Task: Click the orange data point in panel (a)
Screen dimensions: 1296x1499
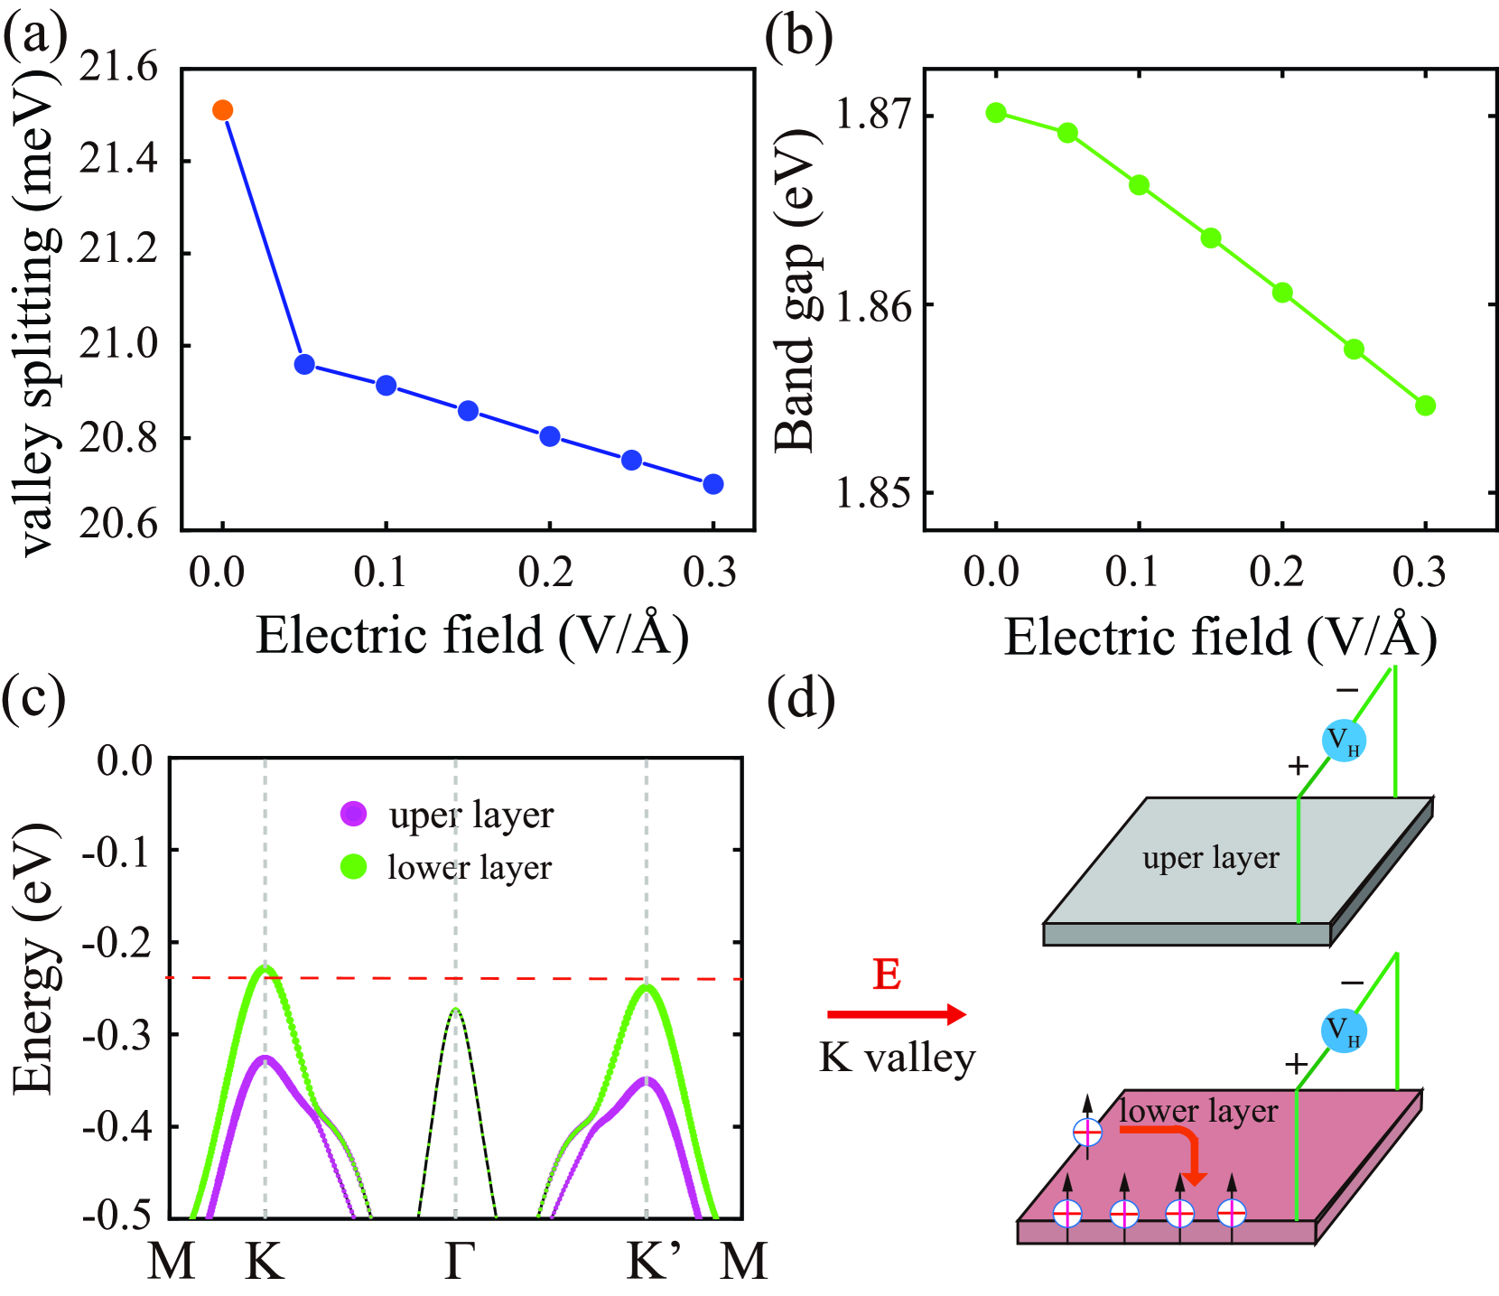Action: click(222, 110)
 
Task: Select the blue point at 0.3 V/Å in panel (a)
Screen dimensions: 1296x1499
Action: click(712, 484)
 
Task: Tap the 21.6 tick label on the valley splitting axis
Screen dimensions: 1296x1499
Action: click(118, 67)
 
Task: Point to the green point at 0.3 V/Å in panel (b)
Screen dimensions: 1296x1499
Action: click(1425, 406)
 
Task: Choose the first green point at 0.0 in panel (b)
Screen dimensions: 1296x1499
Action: click(996, 113)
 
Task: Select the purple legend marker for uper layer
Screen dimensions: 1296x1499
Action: click(354, 814)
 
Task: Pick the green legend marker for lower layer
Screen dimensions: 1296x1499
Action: click(354, 867)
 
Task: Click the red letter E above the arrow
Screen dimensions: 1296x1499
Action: click(887, 975)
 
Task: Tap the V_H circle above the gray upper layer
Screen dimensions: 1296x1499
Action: click(1344, 741)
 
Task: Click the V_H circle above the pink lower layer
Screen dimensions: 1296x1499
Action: click(1344, 1031)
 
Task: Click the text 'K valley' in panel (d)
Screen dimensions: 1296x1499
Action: click(898, 1057)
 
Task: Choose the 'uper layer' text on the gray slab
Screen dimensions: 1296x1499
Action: click(1210, 858)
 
